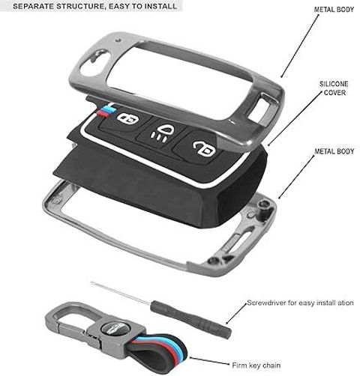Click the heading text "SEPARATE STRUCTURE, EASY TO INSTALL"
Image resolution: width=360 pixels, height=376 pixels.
click(95, 6)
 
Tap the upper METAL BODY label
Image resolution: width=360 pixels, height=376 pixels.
click(334, 10)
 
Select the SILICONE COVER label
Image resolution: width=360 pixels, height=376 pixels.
click(334, 88)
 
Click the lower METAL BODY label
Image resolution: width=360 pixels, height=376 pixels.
click(334, 151)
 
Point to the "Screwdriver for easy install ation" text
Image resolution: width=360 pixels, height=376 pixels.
click(300, 303)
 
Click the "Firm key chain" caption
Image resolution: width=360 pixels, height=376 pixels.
click(256, 366)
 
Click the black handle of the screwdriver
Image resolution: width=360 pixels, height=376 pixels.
click(190, 319)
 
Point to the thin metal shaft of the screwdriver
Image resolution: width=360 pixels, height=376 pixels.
click(121, 292)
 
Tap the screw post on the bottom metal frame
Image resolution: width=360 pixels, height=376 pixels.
click(263, 205)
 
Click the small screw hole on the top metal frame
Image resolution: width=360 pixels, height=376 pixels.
click(118, 40)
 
